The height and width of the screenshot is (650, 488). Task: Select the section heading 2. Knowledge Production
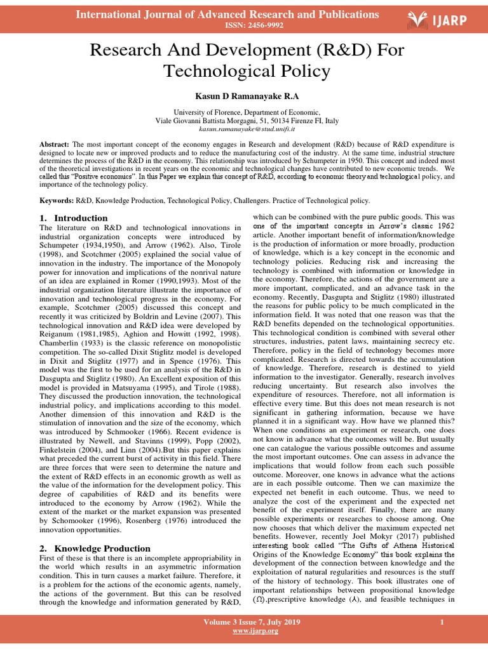coord(95,548)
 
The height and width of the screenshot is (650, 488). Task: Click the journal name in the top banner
coord(227,14)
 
